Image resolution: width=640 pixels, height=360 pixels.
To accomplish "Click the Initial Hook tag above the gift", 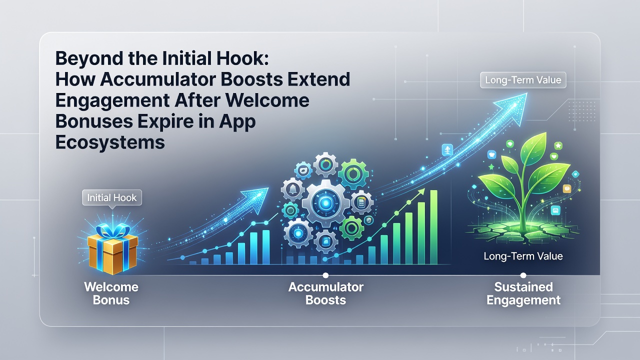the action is pyautogui.click(x=112, y=197).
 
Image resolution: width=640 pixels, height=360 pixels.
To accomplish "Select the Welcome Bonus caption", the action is pyautogui.click(x=111, y=293).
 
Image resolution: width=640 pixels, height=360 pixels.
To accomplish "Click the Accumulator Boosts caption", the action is pyautogui.click(x=325, y=293).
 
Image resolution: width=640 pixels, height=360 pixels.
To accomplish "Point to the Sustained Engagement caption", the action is pyautogui.click(x=523, y=293).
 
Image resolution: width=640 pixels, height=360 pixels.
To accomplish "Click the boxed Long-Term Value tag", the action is pyautogui.click(x=523, y=79).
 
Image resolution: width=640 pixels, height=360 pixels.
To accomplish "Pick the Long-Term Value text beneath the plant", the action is pyautogui.click(x=523, y=256).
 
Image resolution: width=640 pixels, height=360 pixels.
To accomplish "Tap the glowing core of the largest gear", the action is pyautogui.click(x=326, y=203).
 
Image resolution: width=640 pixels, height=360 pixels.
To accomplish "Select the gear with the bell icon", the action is pyautogui.click(x=293, y=189).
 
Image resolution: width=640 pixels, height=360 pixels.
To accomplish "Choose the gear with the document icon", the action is pyautogui.click(x=361, y=202).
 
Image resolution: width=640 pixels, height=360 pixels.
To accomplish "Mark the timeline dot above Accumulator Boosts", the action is pyautogui.click(x=325, y=275).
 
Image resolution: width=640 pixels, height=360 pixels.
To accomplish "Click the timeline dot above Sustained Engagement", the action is pyautogui.click(x=523, y=275).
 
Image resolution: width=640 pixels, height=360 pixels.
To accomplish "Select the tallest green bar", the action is pyautogui.click(x=433, y=227).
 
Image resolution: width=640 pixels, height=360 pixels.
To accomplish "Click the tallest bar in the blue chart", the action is pyautogui.click(x=266, y=247).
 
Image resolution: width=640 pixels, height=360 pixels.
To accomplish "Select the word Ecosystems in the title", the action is pyautogui.click(x=110, y=142).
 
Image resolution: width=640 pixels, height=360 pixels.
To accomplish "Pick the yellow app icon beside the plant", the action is pyautogui.click(x=566, y=188).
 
